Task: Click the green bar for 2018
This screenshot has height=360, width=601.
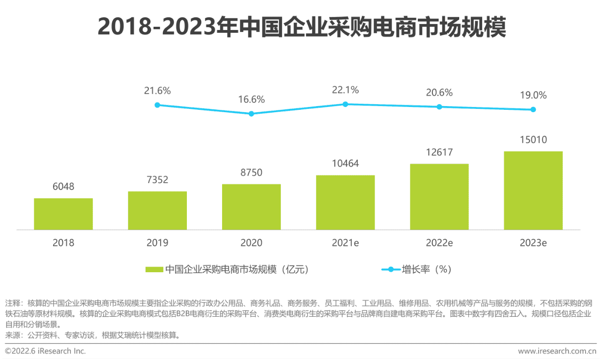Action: point(63,214)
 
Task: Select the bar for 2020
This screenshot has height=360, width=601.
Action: point(251,207)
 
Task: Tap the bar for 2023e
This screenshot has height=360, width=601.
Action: point(533,191)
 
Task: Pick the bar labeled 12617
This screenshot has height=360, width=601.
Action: point(439,197)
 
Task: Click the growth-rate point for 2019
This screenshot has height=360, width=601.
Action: point(157,105)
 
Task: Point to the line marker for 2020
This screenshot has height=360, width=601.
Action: point(251,114)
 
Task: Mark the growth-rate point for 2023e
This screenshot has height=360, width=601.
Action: point(533,109)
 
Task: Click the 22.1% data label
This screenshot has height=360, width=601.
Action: point(345,90)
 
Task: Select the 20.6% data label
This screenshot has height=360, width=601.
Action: point(439,93)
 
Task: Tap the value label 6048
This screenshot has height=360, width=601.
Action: point(63,187)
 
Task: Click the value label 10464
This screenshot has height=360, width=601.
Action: point(345,164)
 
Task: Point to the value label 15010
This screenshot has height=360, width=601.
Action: point(533,140)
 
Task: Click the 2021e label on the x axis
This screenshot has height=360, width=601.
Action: point(345,243)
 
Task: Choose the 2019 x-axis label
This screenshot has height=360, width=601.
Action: point(157,243)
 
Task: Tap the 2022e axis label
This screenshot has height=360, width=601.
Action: point(439,243)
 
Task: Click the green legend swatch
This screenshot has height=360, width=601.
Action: point(154,270)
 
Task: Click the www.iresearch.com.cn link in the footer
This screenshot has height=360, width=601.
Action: point(557,351)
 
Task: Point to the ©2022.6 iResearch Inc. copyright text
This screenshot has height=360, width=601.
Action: point(46,351)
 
